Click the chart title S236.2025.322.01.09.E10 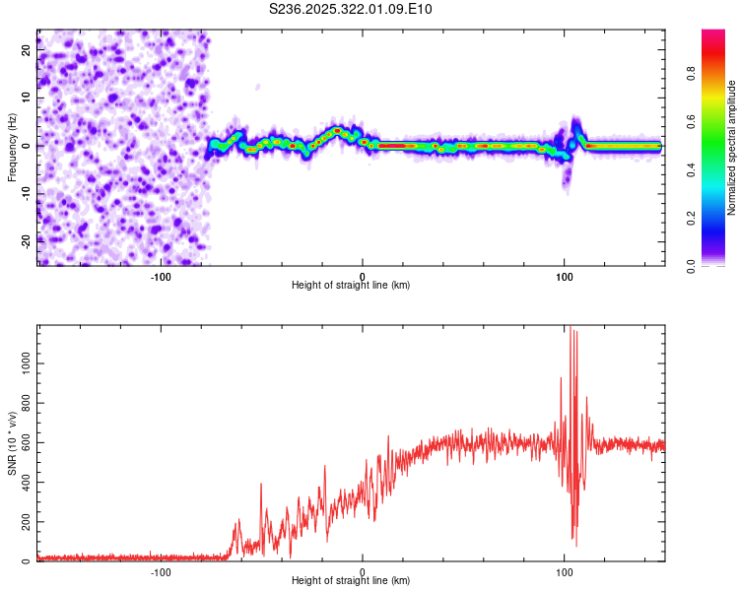tap(351, 9)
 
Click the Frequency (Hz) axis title tap(12, 147)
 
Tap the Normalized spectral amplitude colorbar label tap(732, 148)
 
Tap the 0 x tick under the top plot tap(363, 276)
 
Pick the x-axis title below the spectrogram tap(351, 286)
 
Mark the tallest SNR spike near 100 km tap(570, 327)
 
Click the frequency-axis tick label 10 tap(27, 98)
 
